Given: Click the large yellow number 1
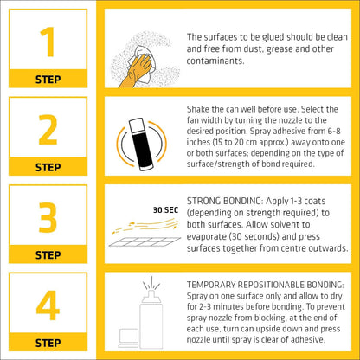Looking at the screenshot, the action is [x=48, y=42].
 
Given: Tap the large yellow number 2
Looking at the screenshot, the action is [x=48, y=130].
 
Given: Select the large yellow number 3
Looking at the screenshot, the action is [x=48, y=217].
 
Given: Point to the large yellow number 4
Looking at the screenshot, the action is [x=48, y=305].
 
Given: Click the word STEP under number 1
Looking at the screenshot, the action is [x=48, y=80].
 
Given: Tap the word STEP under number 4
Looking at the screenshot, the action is [x=48, y=343].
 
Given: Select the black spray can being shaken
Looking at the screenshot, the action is [x=141, y=145].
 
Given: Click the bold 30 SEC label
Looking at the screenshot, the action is [x=165, y=210].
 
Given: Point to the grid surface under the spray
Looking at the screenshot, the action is [x=145, y=241].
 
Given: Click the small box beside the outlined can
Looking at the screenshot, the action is [x=128, y=338].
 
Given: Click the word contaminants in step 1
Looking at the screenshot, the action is [x=215, y=61].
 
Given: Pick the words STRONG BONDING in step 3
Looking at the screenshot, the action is [x=224, y=201].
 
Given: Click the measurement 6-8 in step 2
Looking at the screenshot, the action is [x=334, y=131].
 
